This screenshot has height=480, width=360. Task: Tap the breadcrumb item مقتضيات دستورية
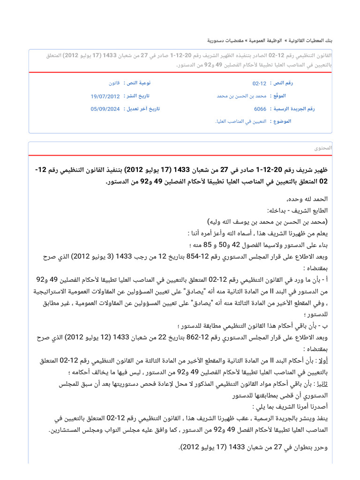coord(225,41)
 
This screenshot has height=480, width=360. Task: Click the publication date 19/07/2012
coord(105,96)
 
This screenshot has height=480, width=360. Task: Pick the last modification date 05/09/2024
coord(105,109)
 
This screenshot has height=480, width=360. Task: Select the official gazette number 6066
coord(260,109)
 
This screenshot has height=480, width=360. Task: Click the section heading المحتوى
coord(323,148)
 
